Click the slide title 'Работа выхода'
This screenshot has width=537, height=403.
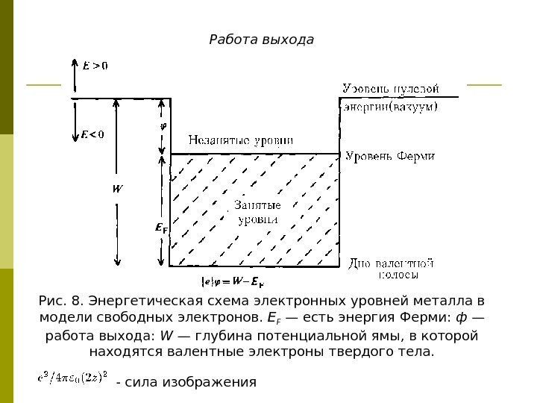[x=261, y=39]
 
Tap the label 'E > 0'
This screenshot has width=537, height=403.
[x=95, y=66]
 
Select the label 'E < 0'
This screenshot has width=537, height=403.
[x=92, y=134]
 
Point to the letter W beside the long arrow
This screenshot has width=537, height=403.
[x=117, y=188]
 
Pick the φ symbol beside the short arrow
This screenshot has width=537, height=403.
[x=164, y=125]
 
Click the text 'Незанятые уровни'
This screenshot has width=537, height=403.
[x=240, y=140]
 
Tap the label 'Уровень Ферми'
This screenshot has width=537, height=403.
[x=389, y=156]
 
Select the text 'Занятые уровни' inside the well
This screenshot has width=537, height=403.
[x=258, y=212]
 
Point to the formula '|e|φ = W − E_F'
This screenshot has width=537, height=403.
[x=233, y=282]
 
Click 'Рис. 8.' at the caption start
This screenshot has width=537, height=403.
[x=61, y=302]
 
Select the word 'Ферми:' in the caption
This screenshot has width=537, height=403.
[x=427, y=319]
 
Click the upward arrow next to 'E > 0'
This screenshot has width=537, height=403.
[x=73, y=74]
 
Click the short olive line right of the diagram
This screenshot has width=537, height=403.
[x=484, y=85]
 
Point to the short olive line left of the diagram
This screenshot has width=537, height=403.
[x=43, y=85]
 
